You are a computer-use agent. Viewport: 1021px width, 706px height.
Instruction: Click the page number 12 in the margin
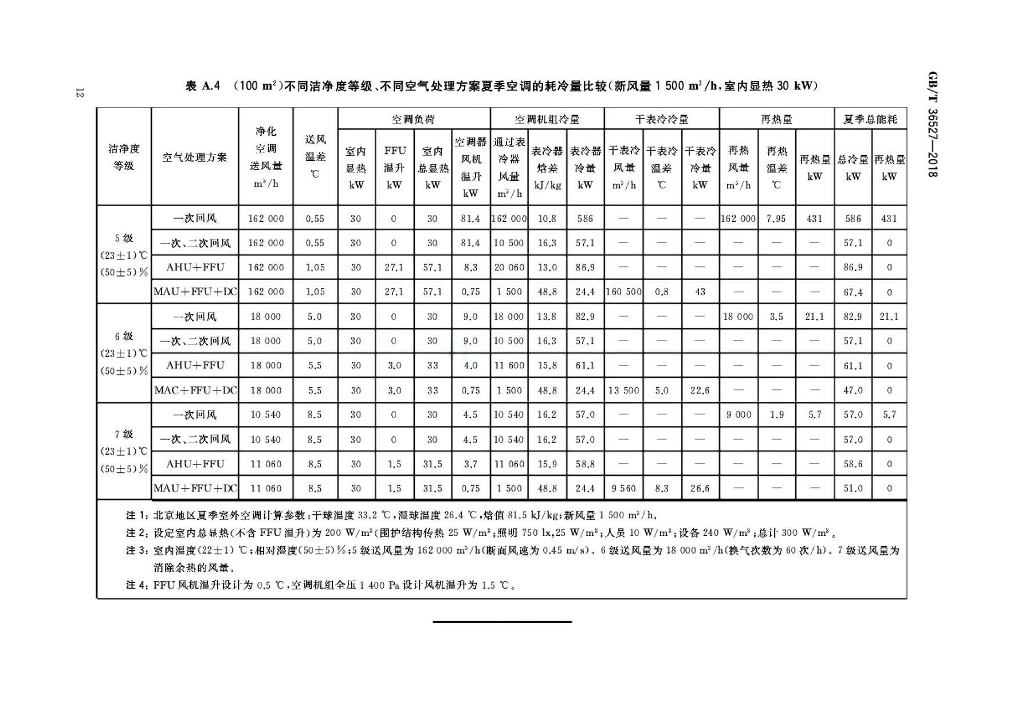[79, 93]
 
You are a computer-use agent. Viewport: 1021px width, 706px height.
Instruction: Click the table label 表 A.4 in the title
[203, 86]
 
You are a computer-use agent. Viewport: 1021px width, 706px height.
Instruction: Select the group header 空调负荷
[413, 119]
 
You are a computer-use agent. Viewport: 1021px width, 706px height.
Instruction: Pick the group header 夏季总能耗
[870, 119]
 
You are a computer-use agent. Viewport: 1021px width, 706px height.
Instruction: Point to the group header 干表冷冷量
[661, 119]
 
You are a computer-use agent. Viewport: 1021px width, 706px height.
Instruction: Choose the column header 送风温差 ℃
[315, 156]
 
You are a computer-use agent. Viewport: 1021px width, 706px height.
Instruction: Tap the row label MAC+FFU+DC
[195, 391]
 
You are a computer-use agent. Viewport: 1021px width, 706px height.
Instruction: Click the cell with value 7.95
[776, 219]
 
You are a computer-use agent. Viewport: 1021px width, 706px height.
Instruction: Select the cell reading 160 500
[624, 292]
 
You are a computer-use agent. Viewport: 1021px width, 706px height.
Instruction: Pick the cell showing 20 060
[509, 267]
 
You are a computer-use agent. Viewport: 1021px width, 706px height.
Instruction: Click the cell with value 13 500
[623, 391]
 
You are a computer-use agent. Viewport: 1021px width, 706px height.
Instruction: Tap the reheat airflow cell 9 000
[738, 415]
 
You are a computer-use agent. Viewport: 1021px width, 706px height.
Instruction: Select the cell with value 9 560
[623, 488]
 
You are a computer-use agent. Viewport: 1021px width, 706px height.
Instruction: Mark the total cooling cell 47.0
[853, 391]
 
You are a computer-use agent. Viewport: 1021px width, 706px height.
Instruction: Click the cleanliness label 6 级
[124, 337]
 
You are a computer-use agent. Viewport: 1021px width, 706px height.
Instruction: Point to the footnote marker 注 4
[136, 585]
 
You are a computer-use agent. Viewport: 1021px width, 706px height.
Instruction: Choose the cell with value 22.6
[700, 391]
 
